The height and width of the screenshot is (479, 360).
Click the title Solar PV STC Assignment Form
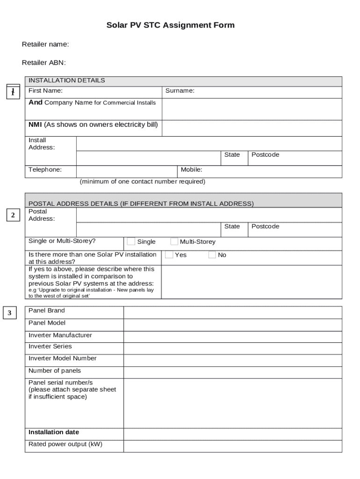pyautogui.click(x=170, y=25)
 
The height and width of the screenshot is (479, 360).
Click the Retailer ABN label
pyautogui.click(x=44, y=63)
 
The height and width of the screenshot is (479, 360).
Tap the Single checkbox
pyautogui.click(x=131, y=241)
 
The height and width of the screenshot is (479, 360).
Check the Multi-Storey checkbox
pyautogui.click(x=174, y=241)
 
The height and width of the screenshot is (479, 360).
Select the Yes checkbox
pyautogui.click(x=169, y=255)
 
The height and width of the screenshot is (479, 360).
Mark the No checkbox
pyautogui.click(x=212, y=255)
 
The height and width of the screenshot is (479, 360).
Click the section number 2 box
pyautogui.click(x=13, y=215)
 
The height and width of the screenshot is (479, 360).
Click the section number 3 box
pyautogui.click(x=9, y=313)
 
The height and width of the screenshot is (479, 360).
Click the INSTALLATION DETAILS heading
pyautogui.click(x=67, y=80)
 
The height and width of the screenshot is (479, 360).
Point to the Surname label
pyautogui.click(x=180, y=91)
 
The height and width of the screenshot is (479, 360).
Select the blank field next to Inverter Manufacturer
pyautogui.click(x=232, y=336)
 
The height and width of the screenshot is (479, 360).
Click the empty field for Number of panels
pyautogui.click(x=232, y=372)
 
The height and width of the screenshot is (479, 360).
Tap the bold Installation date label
pyautogui.click(x=54, y=432)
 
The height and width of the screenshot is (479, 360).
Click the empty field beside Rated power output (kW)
pyautogui.click(x=232, y=446)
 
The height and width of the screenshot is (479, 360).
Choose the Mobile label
pyautogui.click(x=191, y=170)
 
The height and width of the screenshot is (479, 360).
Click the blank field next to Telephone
pyautogui.click(x=126, y=172)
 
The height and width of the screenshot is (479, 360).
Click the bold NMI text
pyautogui.click(x=36, y=124)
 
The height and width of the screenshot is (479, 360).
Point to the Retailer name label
pyautogui.click(x=45, y=44)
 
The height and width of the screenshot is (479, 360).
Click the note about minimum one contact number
pyautogui.click(x=142, y=181)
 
